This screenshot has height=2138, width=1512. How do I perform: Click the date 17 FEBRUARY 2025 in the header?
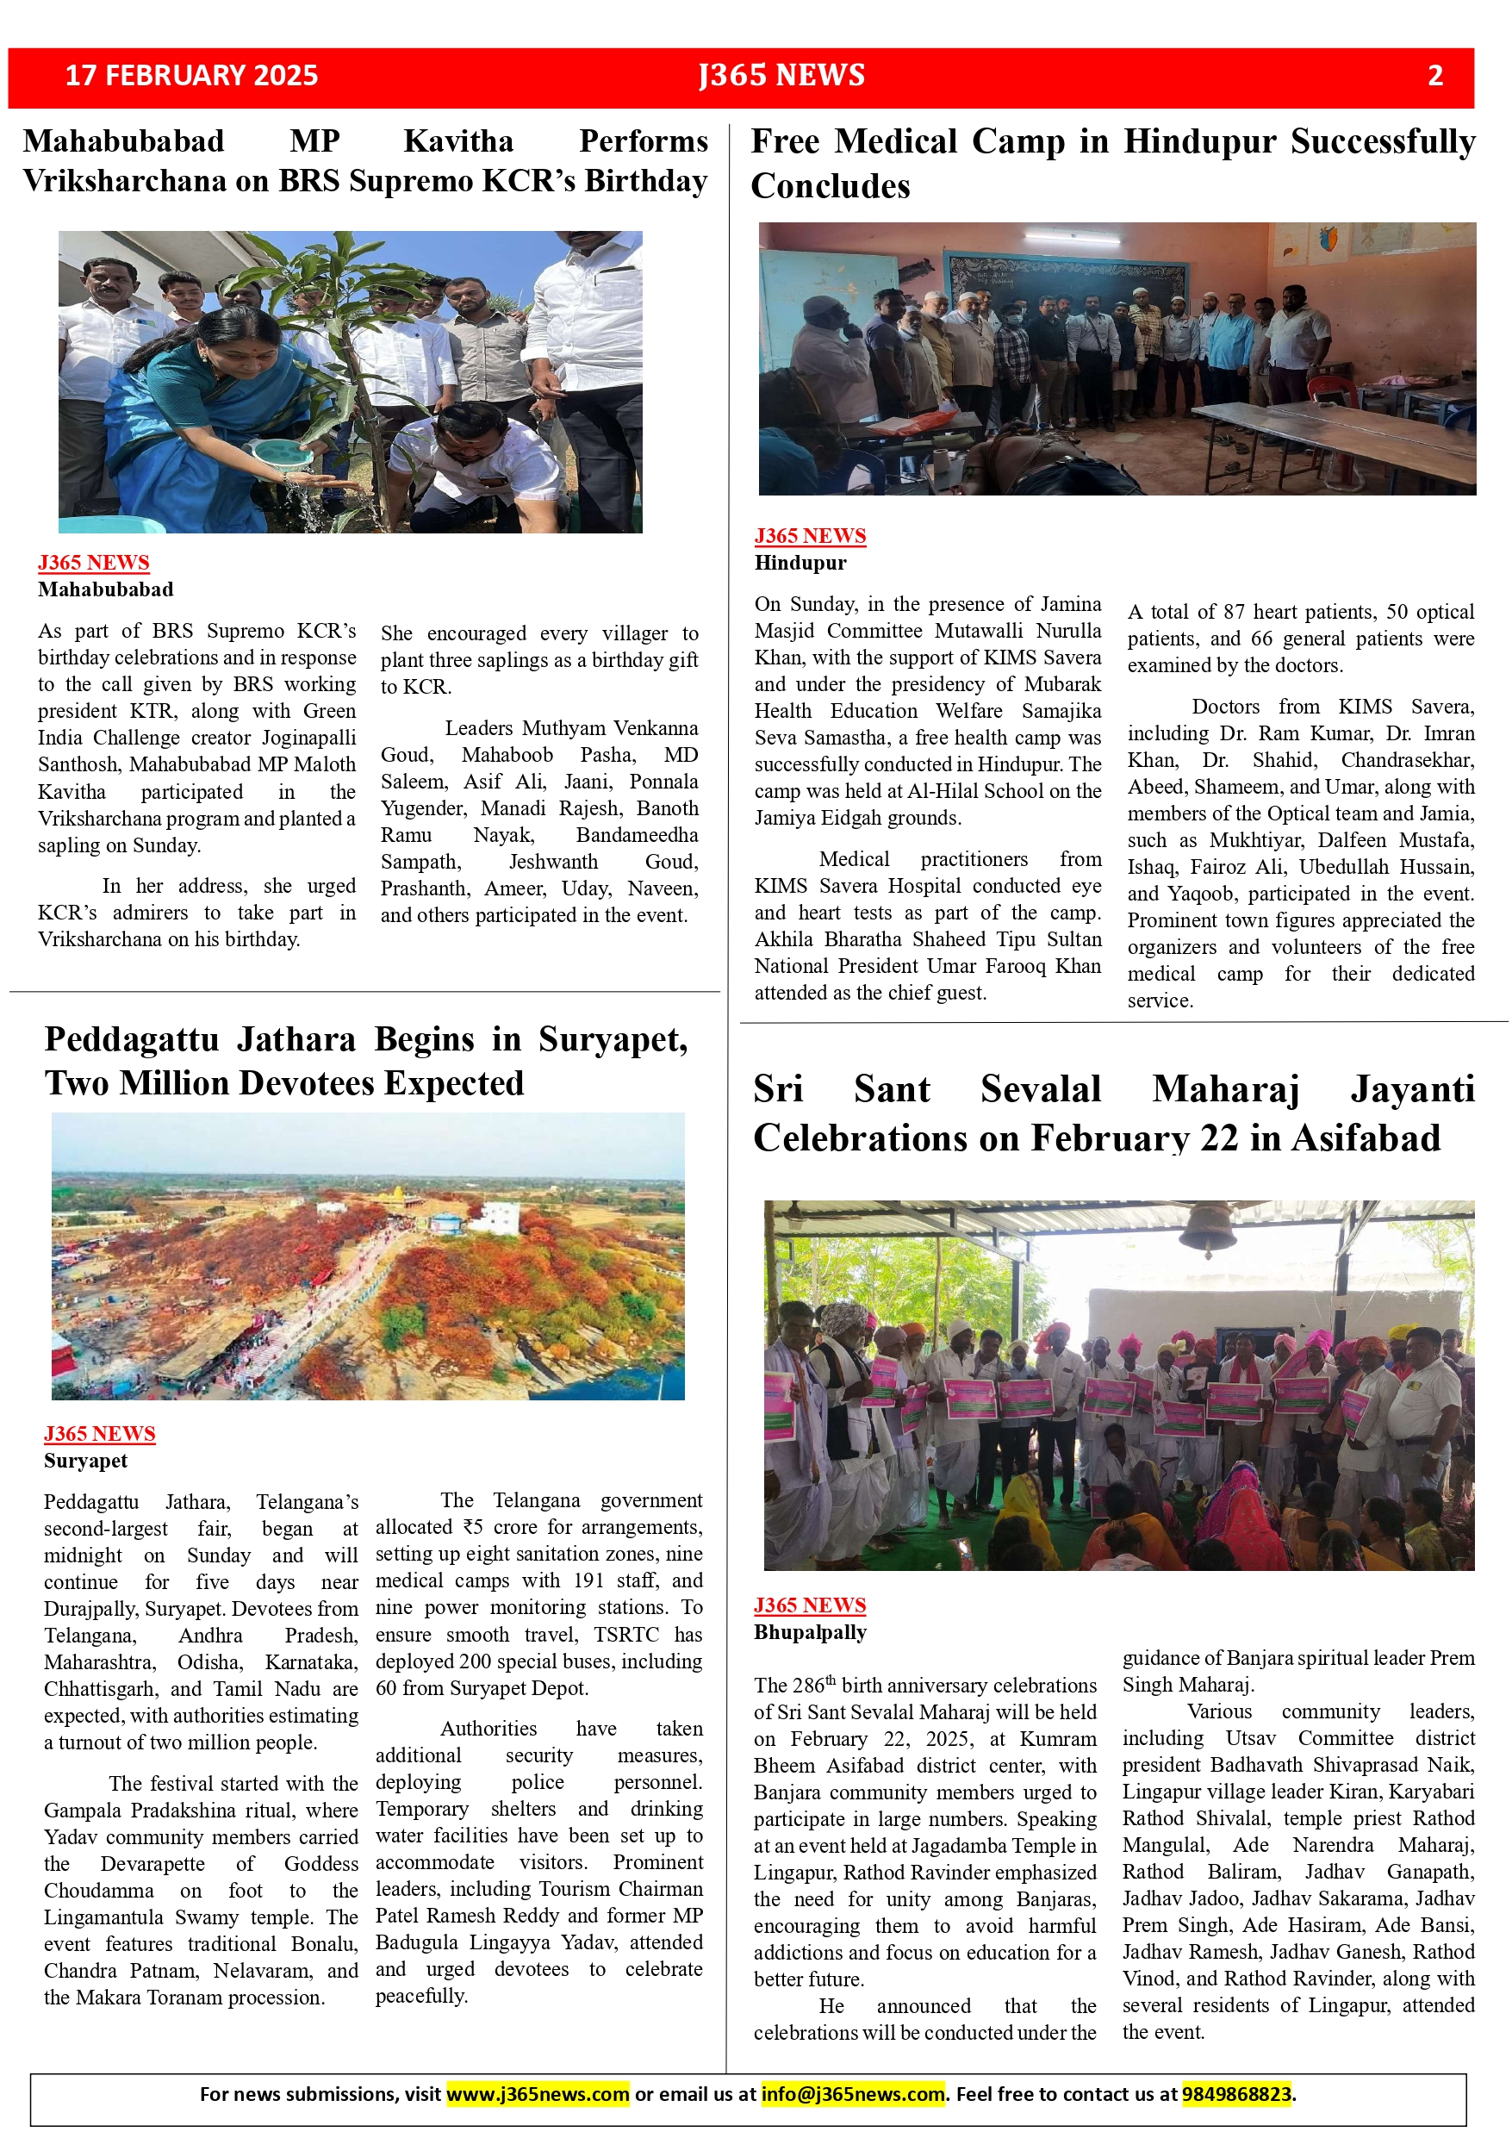pos(191,76)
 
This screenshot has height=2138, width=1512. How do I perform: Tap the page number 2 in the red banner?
pos(1434,76)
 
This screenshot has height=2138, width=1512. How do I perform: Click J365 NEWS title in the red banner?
pos(782,76)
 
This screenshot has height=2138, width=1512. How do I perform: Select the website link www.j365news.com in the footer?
pos(538,2093)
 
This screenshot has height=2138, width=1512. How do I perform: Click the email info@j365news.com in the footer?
pos(852,2093)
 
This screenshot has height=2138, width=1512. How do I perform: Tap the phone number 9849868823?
pos(1235,2093)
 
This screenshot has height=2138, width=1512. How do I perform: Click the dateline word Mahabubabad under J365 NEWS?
pos(105,589)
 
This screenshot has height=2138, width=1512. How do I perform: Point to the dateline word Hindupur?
pos(800,563)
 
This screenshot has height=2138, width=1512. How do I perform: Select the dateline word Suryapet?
pos(85,1460)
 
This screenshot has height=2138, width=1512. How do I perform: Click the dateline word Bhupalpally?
pos(809,1631)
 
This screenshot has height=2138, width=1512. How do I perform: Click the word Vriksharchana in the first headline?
pos(125,181)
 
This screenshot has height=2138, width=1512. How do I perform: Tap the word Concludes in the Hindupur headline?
pos(830,186)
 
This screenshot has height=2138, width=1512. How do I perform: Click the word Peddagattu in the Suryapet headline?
pos(131,1039)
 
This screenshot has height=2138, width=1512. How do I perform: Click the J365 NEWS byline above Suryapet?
pos(99,1434)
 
